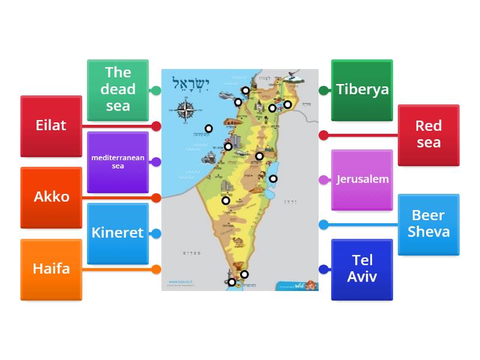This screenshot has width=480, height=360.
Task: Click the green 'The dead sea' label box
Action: pyautogui.click(x=118, y=89)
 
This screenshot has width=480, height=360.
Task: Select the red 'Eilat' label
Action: pyautogui.click(x=51, y=126)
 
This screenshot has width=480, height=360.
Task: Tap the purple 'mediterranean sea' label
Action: pyautogui.click(x=118, y=162)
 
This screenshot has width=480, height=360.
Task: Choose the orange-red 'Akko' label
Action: pyautogui.click(x=51, y=197)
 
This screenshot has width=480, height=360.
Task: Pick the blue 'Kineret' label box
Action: pyautogui.click(x=118, y=233)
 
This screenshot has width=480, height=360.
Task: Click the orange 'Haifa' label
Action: pyautogui.click(x=51, y=269)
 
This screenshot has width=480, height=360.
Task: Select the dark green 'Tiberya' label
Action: pyautogui.click(x=362, y=90)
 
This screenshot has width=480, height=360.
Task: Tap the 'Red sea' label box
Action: pyautogui.click(x=428, y=134)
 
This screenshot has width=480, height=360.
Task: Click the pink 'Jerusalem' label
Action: pyautogui.click(x=362, y=179)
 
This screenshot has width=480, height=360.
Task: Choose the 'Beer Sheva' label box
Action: pyautogui.click(x=428, y=224)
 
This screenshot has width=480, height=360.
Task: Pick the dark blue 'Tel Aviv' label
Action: pyautogui.click(x=362, y=269)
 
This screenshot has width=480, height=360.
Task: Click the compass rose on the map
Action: pyautogui.click(x=187, y=110)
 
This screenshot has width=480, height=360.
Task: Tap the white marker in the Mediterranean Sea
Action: pyautogui.click(x=209, y=128)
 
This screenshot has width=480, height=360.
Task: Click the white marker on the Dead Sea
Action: pyautogui.click(x=273, y=178)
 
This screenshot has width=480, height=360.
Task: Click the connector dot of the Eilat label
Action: pyautogui.click(x=156, y=126)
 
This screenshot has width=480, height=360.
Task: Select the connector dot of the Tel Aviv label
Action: pyautogui.click(x=324, y=269)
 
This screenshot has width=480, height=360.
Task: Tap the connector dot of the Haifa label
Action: pyautogui.click(x=156, y=269)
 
